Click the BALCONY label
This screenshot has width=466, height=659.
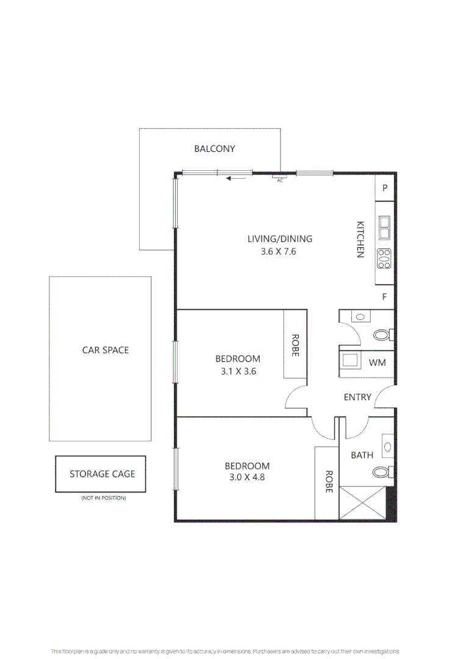pos(214,148)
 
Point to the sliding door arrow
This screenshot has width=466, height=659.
pos(237,179)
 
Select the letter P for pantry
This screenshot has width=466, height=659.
pos(385,188)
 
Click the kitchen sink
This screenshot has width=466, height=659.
pos(385,228)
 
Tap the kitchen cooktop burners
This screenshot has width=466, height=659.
pos(385,259)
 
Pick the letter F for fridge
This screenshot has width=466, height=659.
pos(385,297)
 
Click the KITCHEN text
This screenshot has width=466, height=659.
pos(360,239)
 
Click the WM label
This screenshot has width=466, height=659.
pos(377,362)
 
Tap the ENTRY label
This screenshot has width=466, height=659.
pos(357,397)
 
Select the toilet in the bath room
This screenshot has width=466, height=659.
pos(382,472)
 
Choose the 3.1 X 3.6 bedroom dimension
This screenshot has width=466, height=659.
pos(238,370)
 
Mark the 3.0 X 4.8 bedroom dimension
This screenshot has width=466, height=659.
pos(247,477)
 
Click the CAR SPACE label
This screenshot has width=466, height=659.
pos(106,350)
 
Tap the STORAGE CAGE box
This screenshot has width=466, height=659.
pos(101,474)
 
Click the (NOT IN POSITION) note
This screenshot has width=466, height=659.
pos(103,499)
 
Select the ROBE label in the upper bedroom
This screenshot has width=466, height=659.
pos(295,345)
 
